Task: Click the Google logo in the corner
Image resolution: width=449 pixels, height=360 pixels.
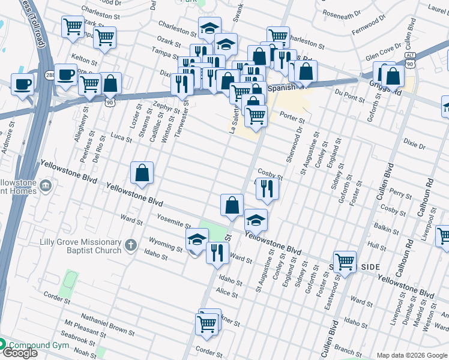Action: (19, 353)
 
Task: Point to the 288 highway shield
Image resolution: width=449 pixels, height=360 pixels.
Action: (50, 74)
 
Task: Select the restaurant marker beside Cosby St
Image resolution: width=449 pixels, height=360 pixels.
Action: (267, 189)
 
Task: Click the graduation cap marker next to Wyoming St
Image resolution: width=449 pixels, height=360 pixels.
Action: (197, 240)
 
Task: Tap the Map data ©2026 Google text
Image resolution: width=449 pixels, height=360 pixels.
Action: (411, 355)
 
